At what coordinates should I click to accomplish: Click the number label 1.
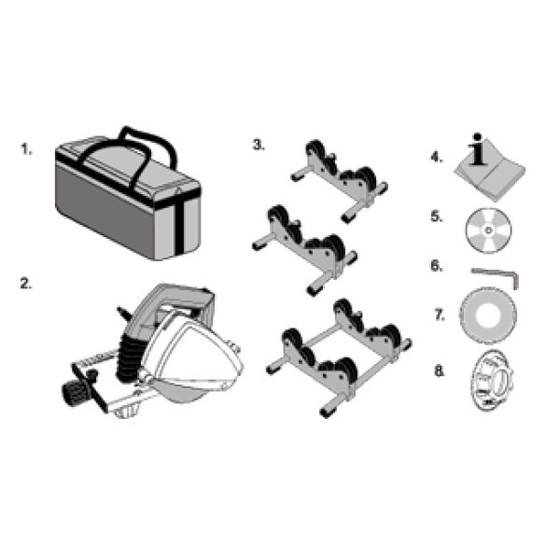point(26,149)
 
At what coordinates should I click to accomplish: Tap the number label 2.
point(26,284)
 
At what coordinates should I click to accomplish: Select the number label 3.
point(259,145)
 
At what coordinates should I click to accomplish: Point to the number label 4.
point(437,157)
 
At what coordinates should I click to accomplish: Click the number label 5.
point(437,217)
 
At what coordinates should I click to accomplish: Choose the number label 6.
point(437,266)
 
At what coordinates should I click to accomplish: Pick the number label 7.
point(440,315)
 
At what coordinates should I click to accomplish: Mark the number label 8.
point(440,371)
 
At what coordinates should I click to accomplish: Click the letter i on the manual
point(478,149)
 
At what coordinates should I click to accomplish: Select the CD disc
point(488,230)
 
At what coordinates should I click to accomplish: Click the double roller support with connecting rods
point(340,358)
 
